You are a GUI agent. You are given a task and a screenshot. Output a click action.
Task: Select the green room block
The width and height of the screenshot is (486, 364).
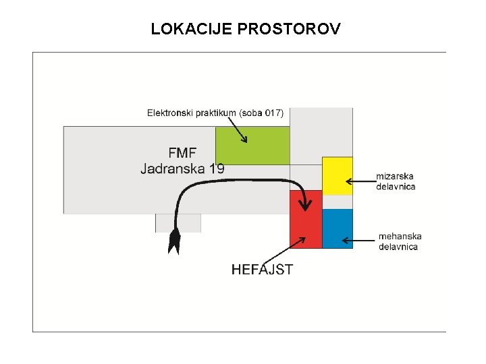pos(252,145)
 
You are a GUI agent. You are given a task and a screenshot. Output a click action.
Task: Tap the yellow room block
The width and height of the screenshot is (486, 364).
pos(337,175)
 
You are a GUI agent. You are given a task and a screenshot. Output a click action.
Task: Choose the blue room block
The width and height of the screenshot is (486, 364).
pos(337,229)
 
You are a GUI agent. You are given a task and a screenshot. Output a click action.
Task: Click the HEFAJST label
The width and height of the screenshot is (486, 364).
pos(262,270)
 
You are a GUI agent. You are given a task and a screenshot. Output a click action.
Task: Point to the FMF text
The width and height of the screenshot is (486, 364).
pos(182,152)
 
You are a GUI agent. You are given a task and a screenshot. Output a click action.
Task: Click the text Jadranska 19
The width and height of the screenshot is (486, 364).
pos(182,169)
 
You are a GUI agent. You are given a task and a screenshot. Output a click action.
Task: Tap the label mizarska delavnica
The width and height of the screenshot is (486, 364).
pos(396,181)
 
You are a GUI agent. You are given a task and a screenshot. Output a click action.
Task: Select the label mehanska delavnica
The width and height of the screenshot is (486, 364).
pos(400,241)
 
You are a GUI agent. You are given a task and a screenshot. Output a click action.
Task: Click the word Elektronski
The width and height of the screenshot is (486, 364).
pos(170,113)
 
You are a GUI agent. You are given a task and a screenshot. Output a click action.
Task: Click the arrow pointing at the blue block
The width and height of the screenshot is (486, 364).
pos(358,239)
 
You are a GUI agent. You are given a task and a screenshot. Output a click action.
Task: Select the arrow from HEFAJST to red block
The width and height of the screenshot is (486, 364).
pos(284,250)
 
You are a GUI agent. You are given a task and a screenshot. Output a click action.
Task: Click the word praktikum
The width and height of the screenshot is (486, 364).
pos(213,113)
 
